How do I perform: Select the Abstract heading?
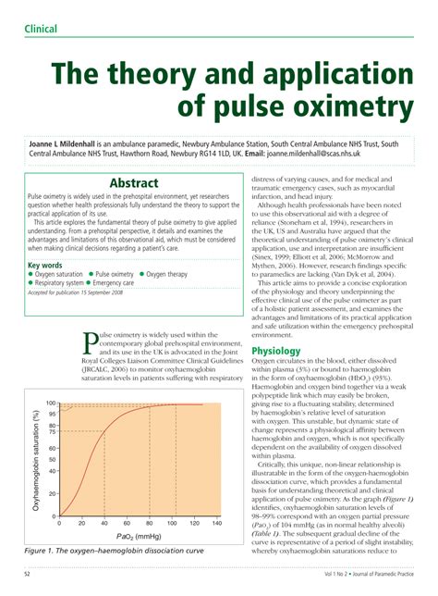point(134,183)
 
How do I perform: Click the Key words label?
point(47,240)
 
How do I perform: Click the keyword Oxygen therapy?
point(168,249)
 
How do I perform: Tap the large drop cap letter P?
point(91,344)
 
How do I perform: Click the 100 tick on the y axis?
point(51,404)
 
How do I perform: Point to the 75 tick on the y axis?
point(53,431)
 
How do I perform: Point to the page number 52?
point(27,576)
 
